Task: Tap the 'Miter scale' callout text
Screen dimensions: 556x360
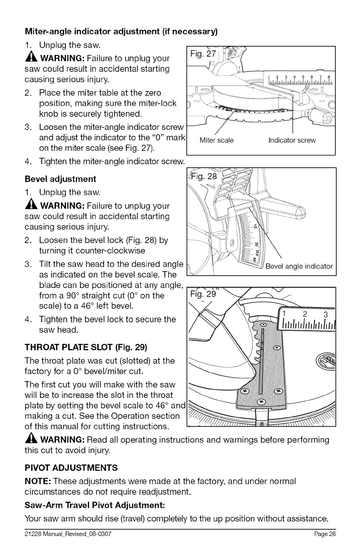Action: point(216,140)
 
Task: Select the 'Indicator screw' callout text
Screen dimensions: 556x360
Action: point(292,140)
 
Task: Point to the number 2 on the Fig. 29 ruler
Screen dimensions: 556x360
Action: point(304,316)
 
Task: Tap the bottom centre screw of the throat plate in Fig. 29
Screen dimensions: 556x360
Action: point(260,401)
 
